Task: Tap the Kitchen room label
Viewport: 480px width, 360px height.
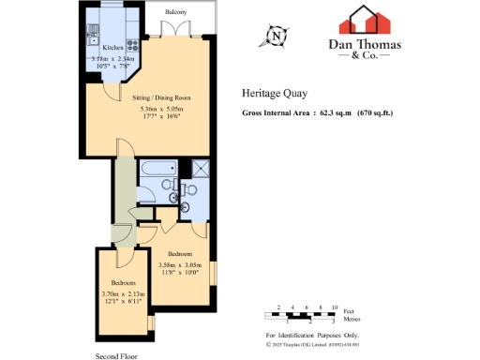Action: pyautogui.click(x=112, y=47)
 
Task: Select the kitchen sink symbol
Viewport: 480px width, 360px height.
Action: pyautogui.click(x=92, y=37)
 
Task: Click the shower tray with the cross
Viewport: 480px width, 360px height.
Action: pyautogui.click(x=199, y=169)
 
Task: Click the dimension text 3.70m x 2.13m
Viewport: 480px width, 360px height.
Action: pyautogui.click(x=123, y=293)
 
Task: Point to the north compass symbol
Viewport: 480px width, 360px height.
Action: pyautogui.click(x=277, y=37)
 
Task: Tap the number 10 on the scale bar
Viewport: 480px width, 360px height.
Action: pyautogui.click(x=335, y=307)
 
